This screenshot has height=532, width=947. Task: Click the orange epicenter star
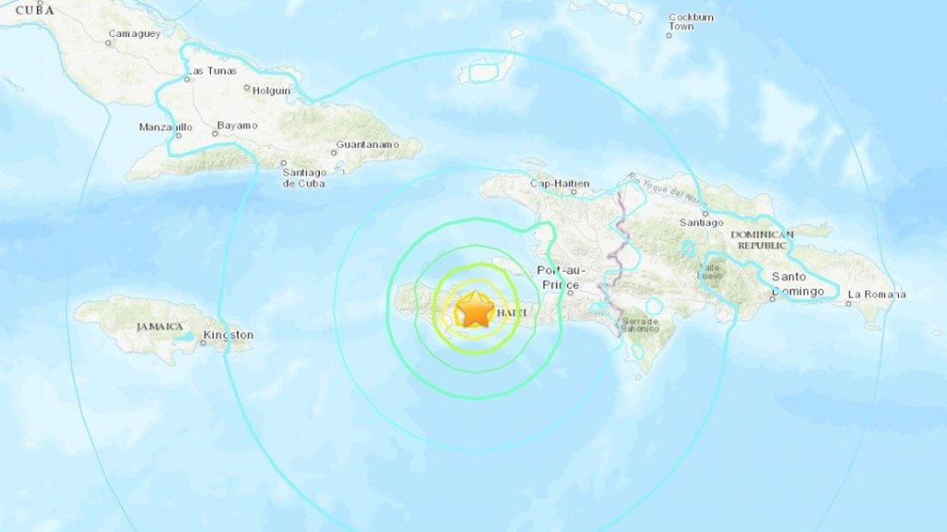[x=475, y=309]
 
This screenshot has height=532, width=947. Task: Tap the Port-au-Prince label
[x=556, y=276]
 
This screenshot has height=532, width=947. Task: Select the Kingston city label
[x=228, y=335]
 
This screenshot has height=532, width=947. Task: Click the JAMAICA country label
[x=159, y=326]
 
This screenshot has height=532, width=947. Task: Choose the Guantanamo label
[x=367, y=145]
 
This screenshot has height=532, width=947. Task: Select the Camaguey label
[x=134, y=33]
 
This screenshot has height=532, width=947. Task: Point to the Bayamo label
[x=238, y=125]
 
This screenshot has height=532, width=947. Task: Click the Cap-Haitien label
[x=559, y=183]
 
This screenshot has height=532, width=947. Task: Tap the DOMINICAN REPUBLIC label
[x=762, y=240]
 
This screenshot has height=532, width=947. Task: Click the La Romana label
[x=876, y=295]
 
